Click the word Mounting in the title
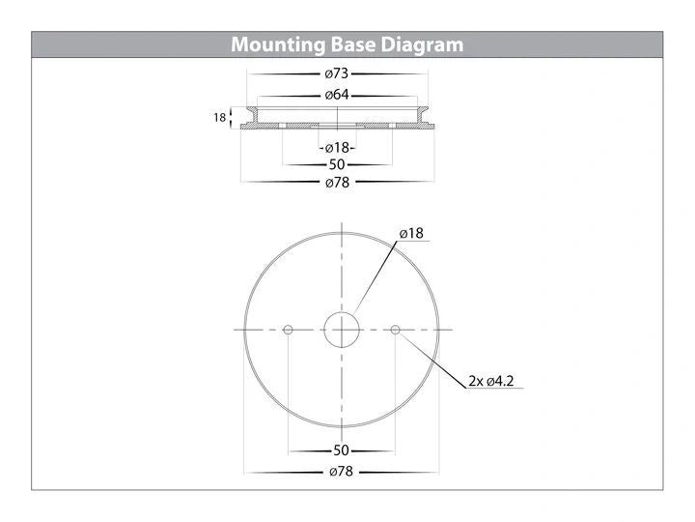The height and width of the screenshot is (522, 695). click(278, 44)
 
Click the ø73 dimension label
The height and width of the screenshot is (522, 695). click(337, 73)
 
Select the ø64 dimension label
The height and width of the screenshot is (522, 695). click(337, 95)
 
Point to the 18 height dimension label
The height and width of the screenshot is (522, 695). click(219, 118)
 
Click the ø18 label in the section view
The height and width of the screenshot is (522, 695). click(337, 148)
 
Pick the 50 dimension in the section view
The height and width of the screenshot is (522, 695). click(337, 164)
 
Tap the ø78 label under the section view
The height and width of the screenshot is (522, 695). click(337, 183)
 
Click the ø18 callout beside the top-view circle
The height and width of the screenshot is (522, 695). click(411, 234)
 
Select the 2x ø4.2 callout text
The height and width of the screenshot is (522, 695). click(491, 381)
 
